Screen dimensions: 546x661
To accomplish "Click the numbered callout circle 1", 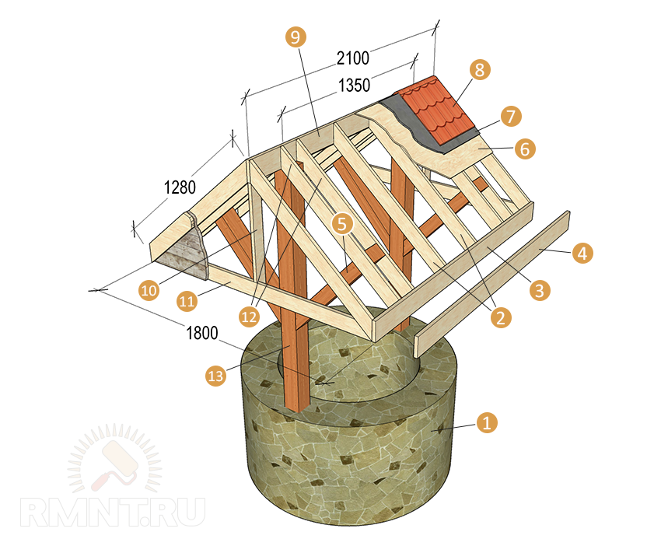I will pyautogui.click(x=486, y=423).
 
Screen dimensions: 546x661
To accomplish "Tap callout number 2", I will pyautogui.click(x=499, y=317).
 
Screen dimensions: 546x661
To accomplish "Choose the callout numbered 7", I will pyautogui.click(x=510, y=117).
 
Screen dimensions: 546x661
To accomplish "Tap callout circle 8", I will pyautogui.click(x=479, y=70).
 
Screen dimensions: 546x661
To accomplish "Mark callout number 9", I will pyautogui.click(x=296, y=37).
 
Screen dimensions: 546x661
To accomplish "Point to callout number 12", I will pyautogui.click(x=249, y=317).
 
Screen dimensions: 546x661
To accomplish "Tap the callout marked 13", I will pyautogui.click(x=215, y=376).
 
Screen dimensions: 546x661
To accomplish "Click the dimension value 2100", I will pyautogui.click(x=352, y=57).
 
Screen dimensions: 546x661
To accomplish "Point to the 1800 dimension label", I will pyautogui.click(x=203, y=333).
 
